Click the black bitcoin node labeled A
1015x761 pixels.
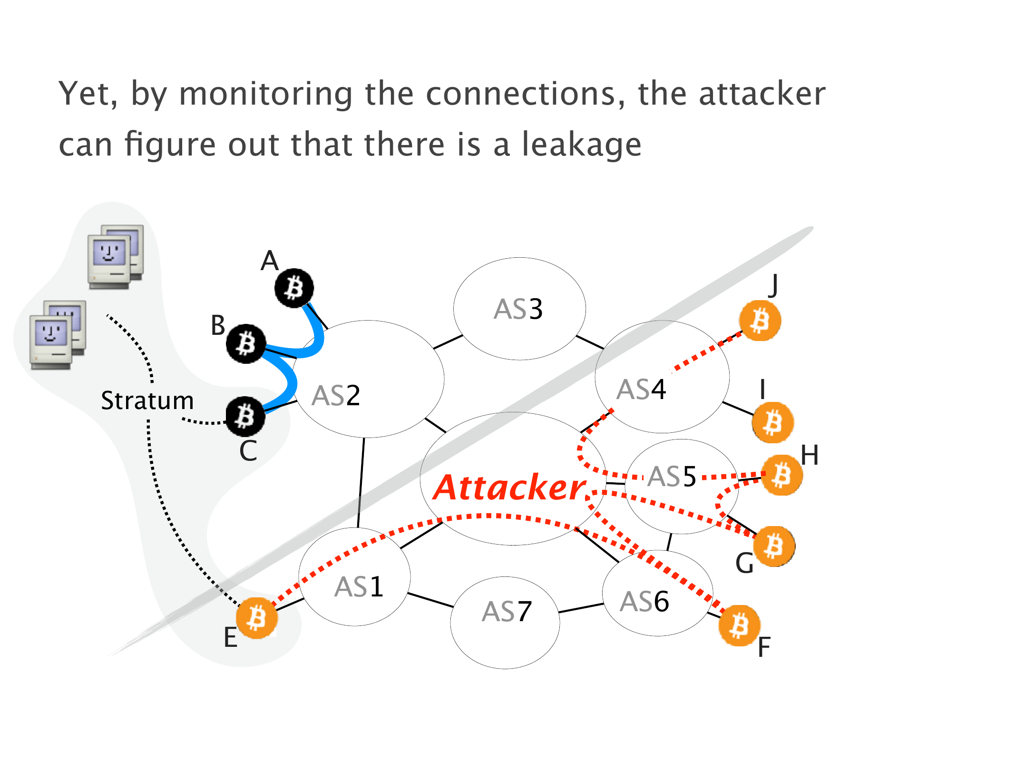294,288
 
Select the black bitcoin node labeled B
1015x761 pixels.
246,343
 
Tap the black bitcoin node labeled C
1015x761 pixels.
245,417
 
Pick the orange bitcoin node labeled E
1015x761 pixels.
257,618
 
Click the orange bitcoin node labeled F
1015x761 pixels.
739,625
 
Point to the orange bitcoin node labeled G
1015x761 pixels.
774,546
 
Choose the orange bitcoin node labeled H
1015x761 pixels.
781,475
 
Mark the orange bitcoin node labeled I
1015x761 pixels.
772,422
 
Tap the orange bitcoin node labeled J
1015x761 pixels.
760,321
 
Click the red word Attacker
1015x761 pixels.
509,488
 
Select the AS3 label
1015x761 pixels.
518,309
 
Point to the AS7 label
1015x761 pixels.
507,612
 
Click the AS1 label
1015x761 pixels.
359,587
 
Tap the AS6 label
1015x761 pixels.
644,602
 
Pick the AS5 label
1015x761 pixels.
672,477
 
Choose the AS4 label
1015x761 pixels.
641,390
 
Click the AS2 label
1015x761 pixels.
336,396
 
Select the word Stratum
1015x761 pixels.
147,400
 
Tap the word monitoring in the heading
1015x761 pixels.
265,94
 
